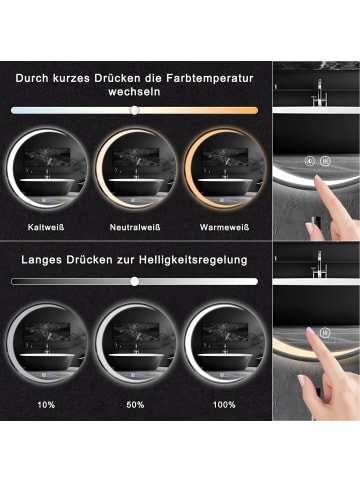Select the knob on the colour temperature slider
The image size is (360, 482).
(x=134, y=109)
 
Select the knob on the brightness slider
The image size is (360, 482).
(x=134, y=282)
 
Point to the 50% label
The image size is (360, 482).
(x=135, y=405)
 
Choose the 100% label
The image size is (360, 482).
(x=224, y=405)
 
